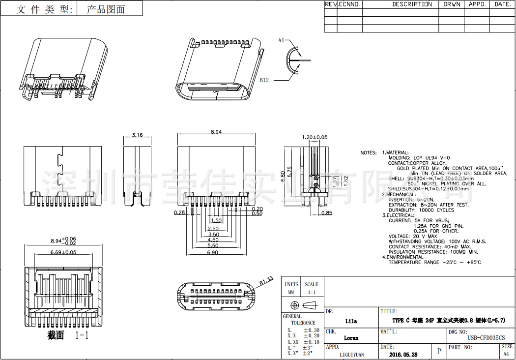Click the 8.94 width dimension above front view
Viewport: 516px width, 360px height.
216,131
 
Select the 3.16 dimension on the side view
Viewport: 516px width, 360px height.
138,135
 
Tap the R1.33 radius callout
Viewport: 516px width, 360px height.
266,281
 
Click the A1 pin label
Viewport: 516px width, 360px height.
281,40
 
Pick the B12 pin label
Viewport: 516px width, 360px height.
264,80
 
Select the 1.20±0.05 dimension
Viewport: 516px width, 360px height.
315,137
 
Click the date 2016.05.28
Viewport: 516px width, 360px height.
403,354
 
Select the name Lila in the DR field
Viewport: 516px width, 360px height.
351,321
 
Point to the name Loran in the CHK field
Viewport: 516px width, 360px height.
351,338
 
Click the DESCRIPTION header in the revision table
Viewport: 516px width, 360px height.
412,4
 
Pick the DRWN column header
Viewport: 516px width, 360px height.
452,4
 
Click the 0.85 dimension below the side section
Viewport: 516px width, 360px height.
327,212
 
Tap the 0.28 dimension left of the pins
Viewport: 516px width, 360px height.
179,212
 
